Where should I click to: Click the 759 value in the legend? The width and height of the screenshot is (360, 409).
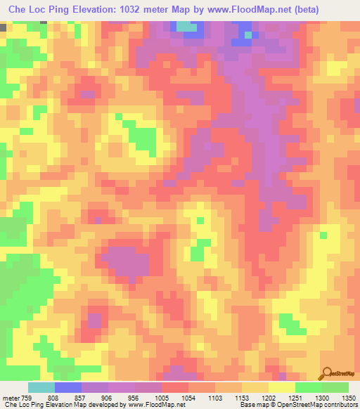(x=25, y=396)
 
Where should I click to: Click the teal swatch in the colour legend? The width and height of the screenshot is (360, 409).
(x=41, y=387)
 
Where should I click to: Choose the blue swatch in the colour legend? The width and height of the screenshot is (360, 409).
(x=68, y=387)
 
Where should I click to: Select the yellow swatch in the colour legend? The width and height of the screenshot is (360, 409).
(x=282, y=387)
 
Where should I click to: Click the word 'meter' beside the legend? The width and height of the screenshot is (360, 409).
(x=10, y=396)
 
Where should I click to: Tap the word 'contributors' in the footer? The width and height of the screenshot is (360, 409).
(x=340, y=404)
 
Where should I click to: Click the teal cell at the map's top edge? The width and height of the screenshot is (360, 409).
(x=186, y=27)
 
